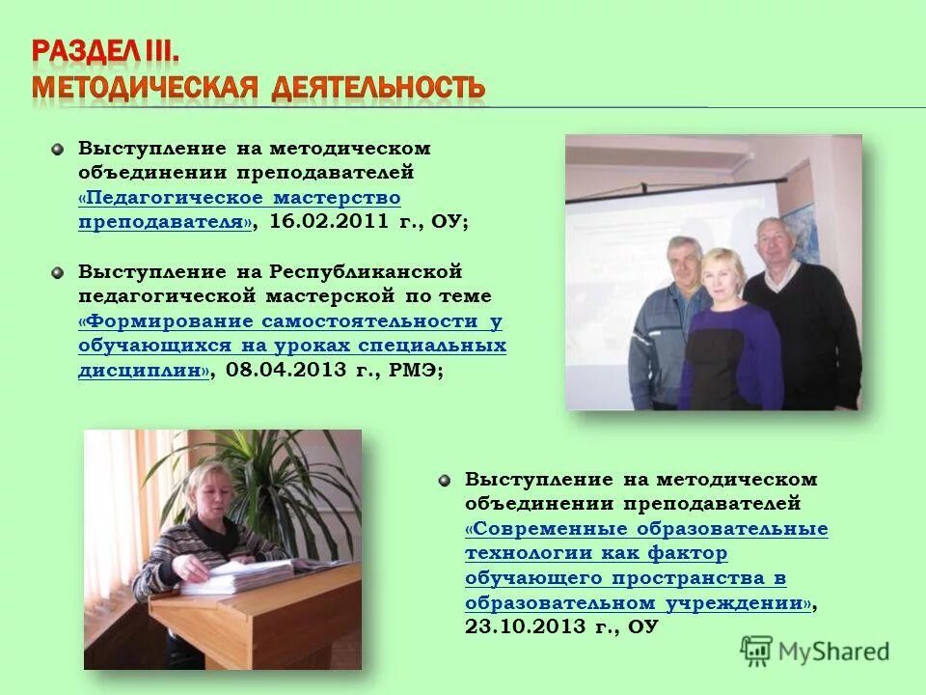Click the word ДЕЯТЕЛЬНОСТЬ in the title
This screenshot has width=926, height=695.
377,88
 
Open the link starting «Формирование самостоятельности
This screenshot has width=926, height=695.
289,321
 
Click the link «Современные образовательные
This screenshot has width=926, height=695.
646,529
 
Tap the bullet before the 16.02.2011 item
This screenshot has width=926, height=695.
58,149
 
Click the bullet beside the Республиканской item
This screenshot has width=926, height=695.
58,272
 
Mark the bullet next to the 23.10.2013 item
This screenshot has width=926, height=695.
444,479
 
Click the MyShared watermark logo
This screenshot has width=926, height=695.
815,650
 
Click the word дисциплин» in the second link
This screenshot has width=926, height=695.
144,371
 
